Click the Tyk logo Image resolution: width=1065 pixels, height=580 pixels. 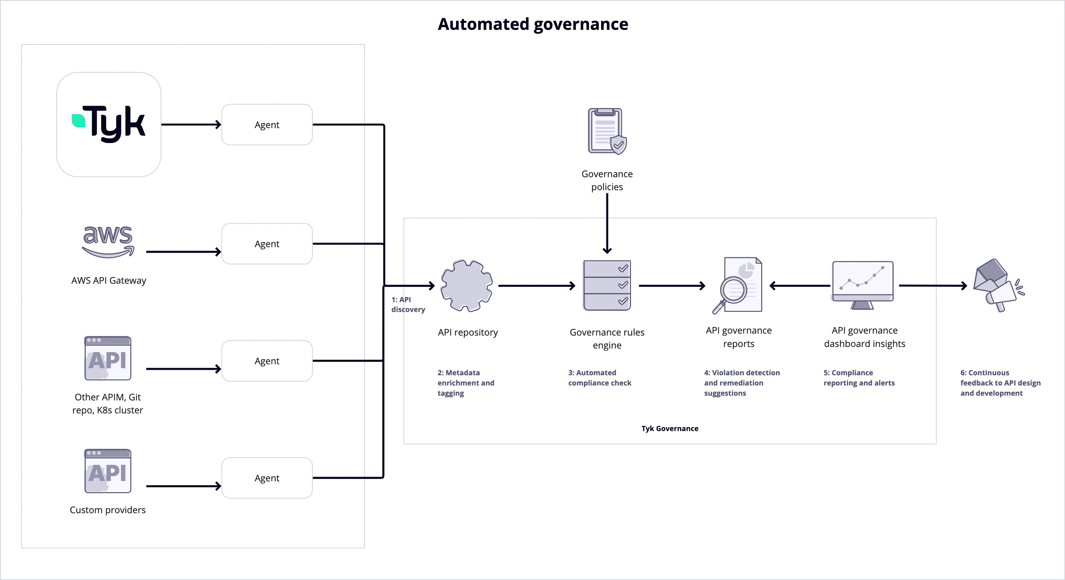tap(109, 124)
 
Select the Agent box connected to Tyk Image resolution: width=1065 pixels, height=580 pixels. tap(267, 124)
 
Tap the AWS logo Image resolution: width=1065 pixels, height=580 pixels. tap(108, 241)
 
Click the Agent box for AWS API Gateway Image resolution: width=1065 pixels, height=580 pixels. tap(267, 244)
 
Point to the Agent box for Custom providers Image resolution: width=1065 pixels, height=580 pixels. tap(267, 477)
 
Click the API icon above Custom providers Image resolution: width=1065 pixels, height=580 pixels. tap(107, 471)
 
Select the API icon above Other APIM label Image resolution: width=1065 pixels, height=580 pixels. tap(107, 358)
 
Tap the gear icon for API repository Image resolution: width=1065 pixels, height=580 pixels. tap(466, 285)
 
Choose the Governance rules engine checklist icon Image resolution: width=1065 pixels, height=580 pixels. tap(607, 285)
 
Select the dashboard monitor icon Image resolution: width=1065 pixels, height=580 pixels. tap(863, 285)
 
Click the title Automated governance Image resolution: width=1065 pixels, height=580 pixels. tap(532, 24)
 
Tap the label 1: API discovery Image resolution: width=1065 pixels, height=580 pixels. tap(407, 305)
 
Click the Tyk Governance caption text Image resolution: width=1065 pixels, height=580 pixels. tap(670, 428)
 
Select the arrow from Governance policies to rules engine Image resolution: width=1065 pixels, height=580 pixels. tap(607, 223)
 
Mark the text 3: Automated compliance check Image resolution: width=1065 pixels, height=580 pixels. tap(600, 378)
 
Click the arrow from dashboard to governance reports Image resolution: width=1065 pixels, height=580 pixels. tap(800, 285)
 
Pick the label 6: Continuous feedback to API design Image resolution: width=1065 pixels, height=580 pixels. tap(1000, 382)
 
